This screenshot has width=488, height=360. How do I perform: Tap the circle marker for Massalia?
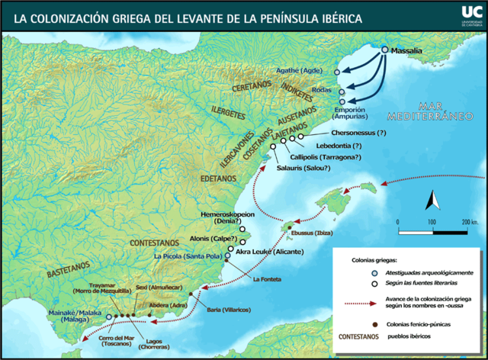(384, 50)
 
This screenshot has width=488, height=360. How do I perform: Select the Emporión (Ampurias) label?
(352, 112)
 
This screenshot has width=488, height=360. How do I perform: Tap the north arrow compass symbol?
(431, 201)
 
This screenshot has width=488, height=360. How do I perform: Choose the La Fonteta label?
(266, 278)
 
